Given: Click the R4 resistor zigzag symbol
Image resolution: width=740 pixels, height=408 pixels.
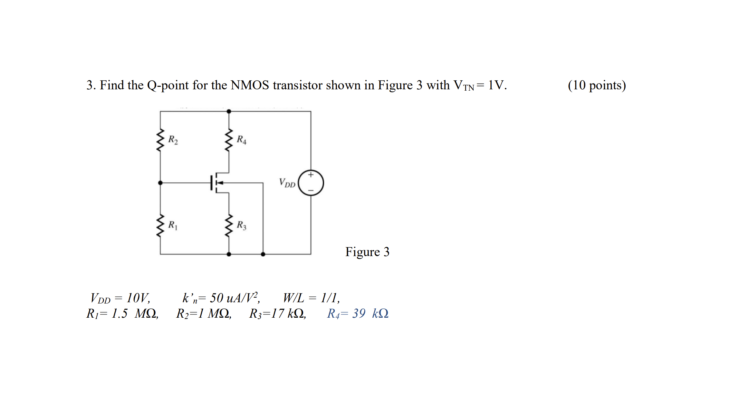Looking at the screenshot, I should (229, 140).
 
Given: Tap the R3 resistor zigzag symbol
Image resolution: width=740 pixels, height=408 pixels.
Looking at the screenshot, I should (229, 225).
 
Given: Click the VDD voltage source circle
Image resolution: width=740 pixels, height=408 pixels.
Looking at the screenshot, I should (311, 183).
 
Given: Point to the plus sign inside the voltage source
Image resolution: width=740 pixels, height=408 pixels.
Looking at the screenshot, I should (311, 175).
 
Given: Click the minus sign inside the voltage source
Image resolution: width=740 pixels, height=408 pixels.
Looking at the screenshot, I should (311, 191).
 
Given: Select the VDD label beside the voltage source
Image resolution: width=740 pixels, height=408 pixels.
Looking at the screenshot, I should (287, 183).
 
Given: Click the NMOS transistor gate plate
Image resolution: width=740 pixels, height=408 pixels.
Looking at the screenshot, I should (211, 183).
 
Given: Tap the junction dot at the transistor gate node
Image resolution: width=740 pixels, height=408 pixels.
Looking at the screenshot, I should (160, 183).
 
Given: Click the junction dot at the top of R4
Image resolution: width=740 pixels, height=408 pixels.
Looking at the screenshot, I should (229, 111).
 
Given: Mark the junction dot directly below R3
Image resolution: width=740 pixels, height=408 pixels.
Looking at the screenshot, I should (229, 254).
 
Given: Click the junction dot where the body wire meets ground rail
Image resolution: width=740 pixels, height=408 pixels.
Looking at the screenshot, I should (263, 254).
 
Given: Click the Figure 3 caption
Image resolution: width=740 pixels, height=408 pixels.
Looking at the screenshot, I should (367, 252).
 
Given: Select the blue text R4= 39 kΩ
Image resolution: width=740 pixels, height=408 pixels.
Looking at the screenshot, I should (358, 313).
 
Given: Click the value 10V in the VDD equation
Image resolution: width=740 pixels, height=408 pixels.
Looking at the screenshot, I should (138, 298).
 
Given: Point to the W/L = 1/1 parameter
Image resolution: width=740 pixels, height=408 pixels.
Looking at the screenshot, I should (311, 298).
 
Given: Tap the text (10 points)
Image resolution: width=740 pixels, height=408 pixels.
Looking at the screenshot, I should (597, 85).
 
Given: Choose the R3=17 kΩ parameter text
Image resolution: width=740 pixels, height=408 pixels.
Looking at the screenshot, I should (277, 313).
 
